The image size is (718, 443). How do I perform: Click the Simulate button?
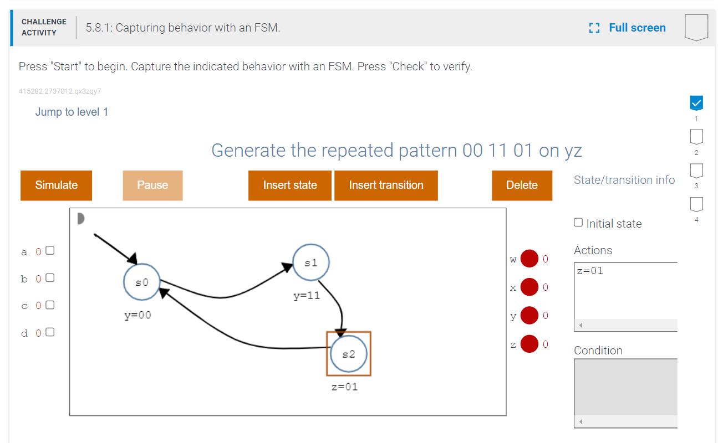(56, 185)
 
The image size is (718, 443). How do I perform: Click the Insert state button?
(290, 185)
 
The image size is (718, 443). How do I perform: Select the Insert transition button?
(386, 185)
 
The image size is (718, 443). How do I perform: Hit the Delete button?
(522, 185)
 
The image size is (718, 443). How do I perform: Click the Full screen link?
(628, 28)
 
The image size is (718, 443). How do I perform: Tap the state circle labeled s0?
(142, 282)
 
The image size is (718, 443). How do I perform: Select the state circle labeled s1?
(311, 262)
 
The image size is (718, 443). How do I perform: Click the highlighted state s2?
(349, 354)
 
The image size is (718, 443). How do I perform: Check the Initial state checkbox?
(578, 223)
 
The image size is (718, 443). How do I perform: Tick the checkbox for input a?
(50, 250)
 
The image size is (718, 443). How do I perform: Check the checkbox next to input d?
(50, 332)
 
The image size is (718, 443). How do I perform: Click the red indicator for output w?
(529, 259)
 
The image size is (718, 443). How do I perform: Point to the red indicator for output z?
(529, 344)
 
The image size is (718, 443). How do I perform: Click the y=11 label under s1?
(307, 296)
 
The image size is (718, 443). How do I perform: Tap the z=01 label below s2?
(345, 387)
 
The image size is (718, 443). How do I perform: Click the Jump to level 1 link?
(72, 112)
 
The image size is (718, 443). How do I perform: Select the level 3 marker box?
(696, 169)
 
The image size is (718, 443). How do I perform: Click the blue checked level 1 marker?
(696, 102)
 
